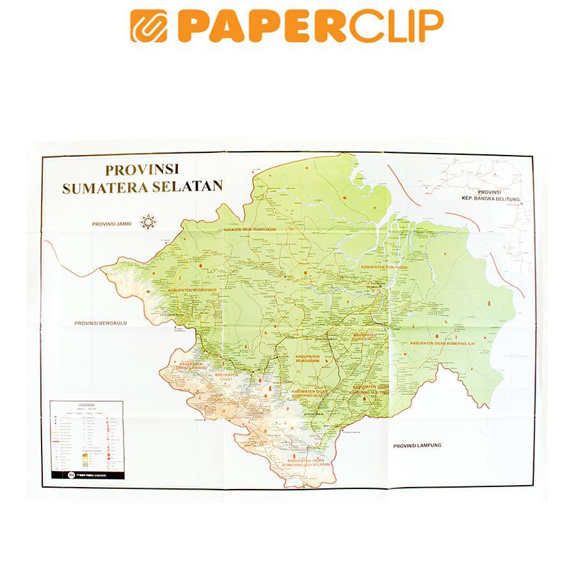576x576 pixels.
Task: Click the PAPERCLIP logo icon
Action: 149,26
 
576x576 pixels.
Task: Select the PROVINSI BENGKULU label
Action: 101,323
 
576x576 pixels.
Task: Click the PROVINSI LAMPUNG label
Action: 417,445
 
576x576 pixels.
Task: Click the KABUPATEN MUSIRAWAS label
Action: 198,290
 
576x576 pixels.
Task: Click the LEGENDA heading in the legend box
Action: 86,405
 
